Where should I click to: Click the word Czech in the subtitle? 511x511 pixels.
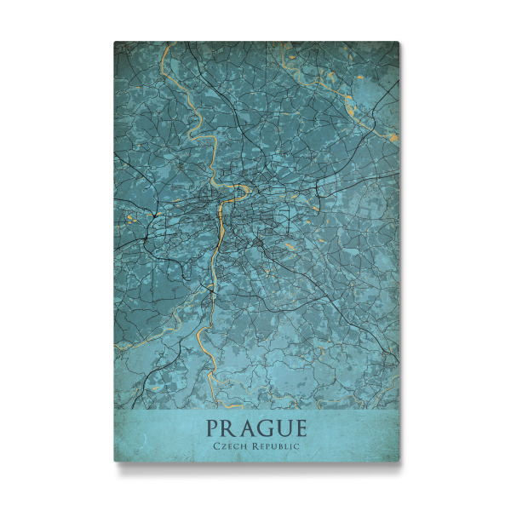point(228,445)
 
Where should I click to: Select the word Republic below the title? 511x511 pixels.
point(275,445)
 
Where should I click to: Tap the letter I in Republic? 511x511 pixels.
point(292,445)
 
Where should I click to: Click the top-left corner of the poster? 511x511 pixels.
point(114,42)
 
